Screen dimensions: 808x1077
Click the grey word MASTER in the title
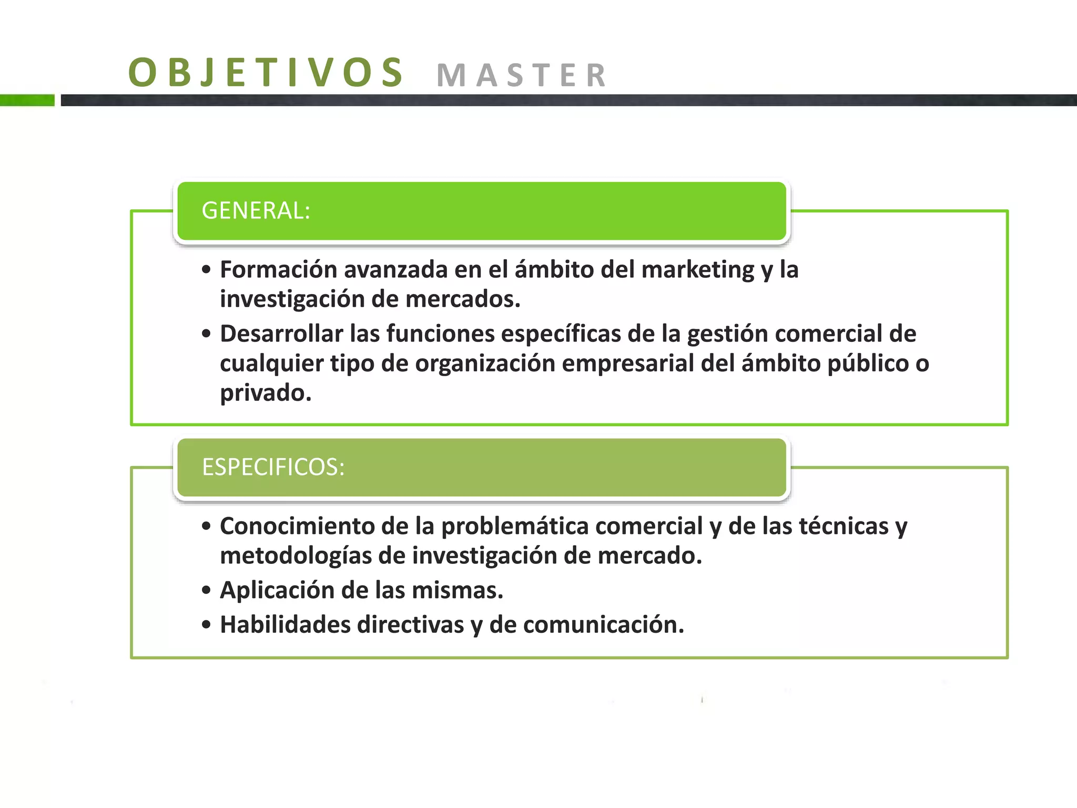(522, 75)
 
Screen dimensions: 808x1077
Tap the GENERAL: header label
(256, 210)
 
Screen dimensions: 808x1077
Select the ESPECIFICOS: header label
(273, 467)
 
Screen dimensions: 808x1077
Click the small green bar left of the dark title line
(27, 100)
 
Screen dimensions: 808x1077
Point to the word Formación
(278, 269)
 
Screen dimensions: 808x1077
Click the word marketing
(698, 270)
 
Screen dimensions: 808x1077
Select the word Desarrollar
(281, 334)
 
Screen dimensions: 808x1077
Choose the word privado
(266, 393)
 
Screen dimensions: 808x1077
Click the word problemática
(515, 527)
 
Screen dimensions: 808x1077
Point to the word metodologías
(296, 556)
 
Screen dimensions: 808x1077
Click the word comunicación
(603, 625)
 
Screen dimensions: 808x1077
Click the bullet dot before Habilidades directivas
(206, 624)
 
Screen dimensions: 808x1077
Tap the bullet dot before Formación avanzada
(206, 270)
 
